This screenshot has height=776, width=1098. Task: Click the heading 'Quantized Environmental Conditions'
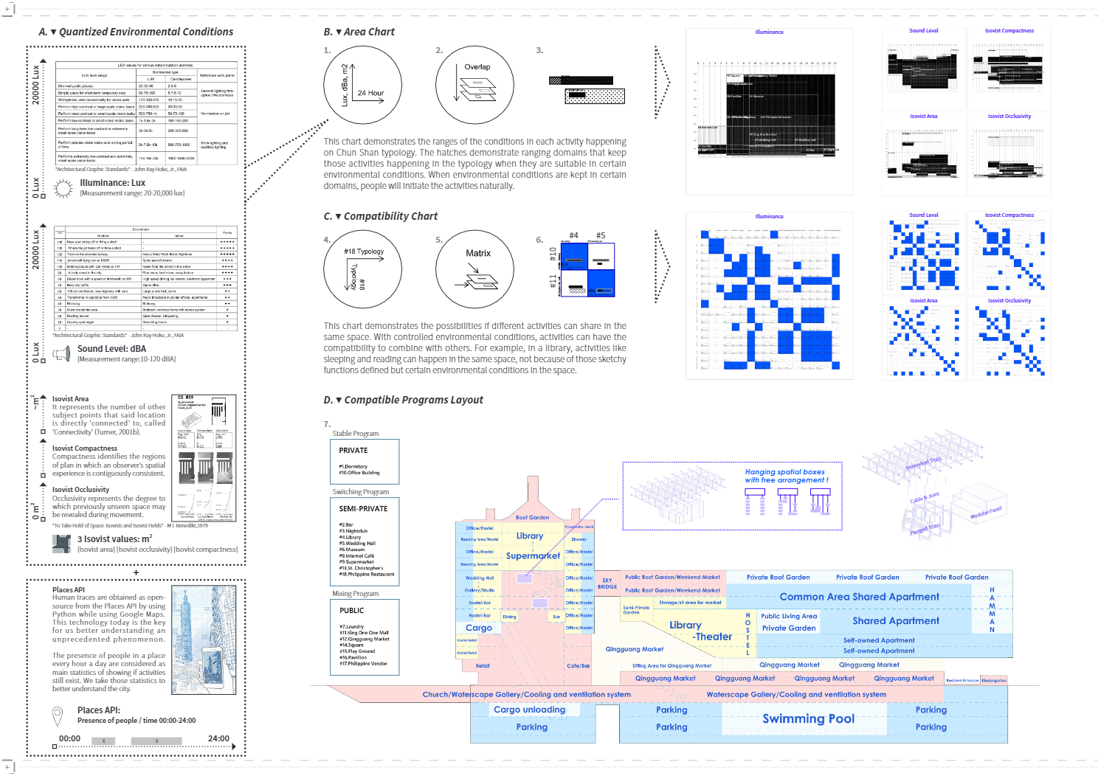[x=145, y=32]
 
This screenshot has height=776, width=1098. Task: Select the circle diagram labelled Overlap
[x=474, y=86]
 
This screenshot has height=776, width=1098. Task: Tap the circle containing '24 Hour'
[x=362, y=86]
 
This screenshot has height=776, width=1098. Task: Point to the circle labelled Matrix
[x=474, y=270]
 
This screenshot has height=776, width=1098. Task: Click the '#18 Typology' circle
[x=362, y=270]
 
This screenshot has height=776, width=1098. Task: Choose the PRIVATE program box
[x=365, y=461]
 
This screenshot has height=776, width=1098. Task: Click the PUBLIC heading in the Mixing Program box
[x=352, y=611]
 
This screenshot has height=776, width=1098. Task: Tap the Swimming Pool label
[x=808, y=718]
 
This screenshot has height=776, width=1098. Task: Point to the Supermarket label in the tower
[x=533, y=555]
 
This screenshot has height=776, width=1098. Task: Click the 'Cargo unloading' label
[x=529, y=710]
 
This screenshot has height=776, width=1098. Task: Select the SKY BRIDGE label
[x=607, y=583]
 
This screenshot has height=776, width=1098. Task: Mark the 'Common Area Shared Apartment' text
[x=859, y=597]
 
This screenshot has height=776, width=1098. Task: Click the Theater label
[x=714, y=637]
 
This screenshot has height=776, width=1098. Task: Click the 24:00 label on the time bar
[x=218, y=738]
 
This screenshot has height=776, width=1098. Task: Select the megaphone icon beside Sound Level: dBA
[x=61, y=354]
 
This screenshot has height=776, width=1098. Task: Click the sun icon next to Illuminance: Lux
[x=63, y=188]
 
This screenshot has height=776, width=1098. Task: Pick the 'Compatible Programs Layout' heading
[x=413, y=400]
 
